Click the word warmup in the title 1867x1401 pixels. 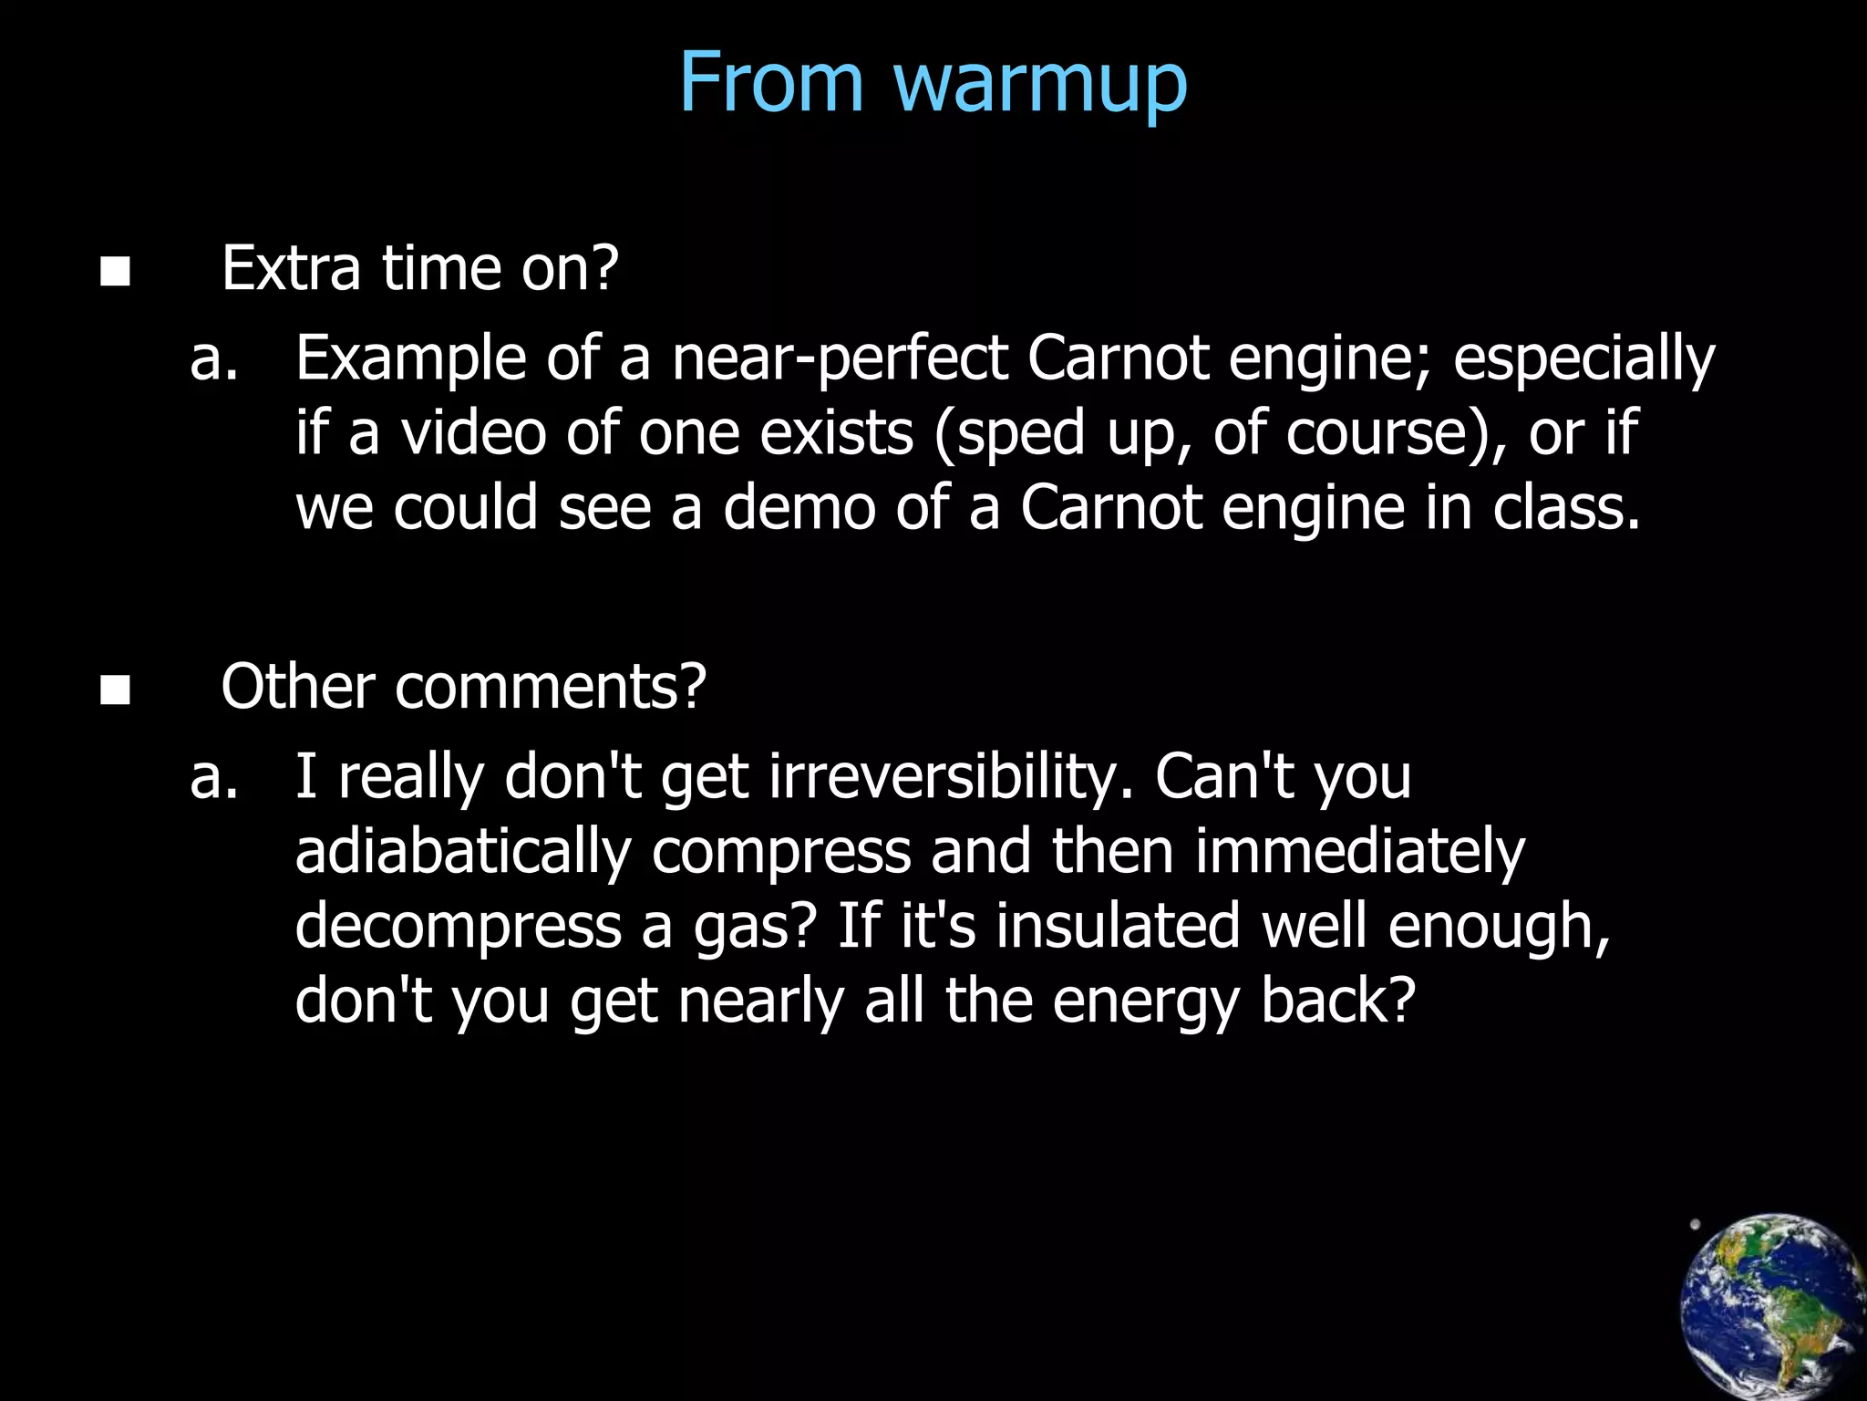[1040, 84]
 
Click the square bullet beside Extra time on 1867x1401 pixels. [115, 271]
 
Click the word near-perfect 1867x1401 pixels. [840, 358]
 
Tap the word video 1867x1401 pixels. [474, 432]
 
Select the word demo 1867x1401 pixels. [799, 507]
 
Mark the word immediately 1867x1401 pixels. [1358, 851]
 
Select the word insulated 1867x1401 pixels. [1118, 925]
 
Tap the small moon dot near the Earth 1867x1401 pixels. [1695, 1225]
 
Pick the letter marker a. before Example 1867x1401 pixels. [214, 358]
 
